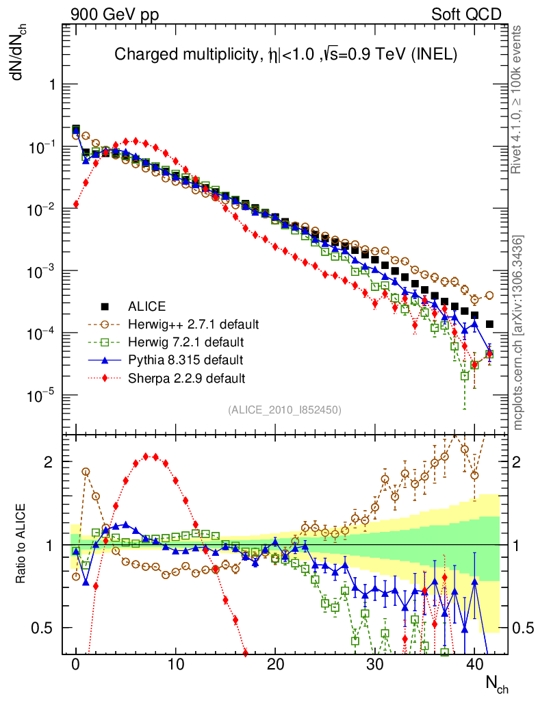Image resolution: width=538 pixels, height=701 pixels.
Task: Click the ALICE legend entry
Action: [147, 306]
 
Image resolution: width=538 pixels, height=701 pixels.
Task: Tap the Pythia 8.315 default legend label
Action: [185, 359]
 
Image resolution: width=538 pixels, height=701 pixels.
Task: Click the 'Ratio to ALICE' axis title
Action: [22, 544]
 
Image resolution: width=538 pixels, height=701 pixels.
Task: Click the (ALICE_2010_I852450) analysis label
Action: [285, 409]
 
